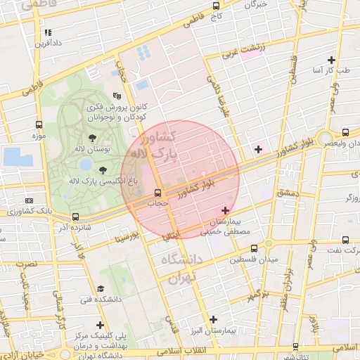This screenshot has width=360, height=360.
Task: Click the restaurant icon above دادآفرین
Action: (x=48, y=32)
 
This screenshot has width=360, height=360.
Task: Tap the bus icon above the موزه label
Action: (x=39, y=124)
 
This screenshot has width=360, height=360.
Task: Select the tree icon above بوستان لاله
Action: (x=92, y=138)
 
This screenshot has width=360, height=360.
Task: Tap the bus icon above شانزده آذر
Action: (x=75, y=217)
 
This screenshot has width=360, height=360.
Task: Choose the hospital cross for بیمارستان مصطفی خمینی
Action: (x=225, y=210)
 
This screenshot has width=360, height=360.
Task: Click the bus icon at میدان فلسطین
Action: (x=254, y=247)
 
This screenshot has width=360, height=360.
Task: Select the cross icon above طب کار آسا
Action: (x=330, y=60)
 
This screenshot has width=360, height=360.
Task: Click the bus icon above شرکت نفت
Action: (x=345, y=240)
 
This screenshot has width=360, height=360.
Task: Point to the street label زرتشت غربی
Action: (x=243, y=50)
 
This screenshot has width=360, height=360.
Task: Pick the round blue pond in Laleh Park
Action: (x=86, y=165)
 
